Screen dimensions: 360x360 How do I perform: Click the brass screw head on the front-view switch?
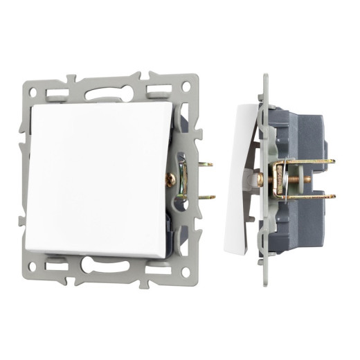pos(170,179)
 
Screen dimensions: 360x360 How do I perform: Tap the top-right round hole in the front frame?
pos(186,87)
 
